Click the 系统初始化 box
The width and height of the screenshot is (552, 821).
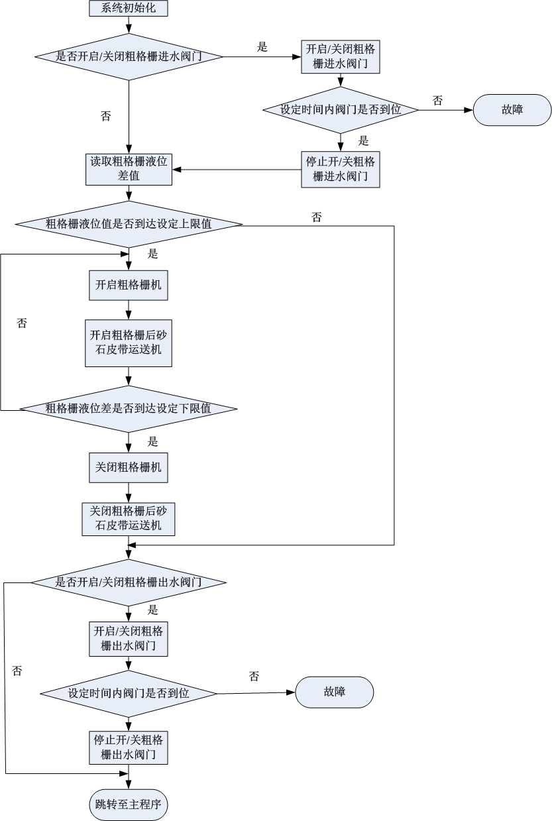coord(129,8)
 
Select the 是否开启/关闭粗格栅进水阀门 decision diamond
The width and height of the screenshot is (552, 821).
coord(129,57)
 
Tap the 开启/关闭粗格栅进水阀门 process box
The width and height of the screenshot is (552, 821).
coord(341,57)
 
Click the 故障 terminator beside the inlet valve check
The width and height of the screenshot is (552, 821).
coord(512,110)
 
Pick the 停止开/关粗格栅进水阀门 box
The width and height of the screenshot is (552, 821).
coord(341,169)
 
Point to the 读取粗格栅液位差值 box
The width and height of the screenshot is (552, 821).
coord(129,169)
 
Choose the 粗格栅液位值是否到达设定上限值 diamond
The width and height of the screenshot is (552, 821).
coord(129,225)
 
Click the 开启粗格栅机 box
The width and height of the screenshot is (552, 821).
coord(129,285)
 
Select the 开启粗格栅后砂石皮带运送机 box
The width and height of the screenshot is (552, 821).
coord(129,343)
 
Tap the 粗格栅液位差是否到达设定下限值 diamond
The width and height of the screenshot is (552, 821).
coord(129,409)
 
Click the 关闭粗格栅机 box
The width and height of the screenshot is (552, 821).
coord(129,467)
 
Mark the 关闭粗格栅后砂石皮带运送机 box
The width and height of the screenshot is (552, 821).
coord(129,519)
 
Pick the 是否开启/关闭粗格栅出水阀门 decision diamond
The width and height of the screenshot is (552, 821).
coord(129,582)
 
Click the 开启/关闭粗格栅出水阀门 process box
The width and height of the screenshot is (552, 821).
coord(129,637)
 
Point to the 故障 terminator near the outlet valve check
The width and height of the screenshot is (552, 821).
coord(334,692)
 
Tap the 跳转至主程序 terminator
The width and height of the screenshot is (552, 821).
coord(129,805)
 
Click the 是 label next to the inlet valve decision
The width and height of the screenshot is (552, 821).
coord(262,46)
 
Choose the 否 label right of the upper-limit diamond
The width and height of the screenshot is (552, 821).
coord(317,217)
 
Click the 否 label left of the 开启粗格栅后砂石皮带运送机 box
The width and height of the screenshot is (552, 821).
coord(22,323)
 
